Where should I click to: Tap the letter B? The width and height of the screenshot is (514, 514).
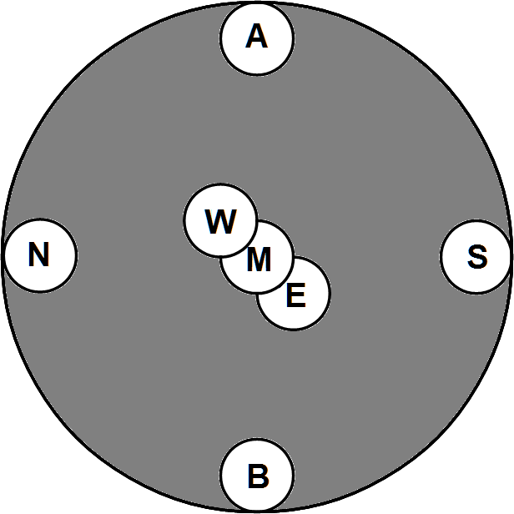click(258, 476)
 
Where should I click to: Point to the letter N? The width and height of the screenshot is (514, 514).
click(38, 254)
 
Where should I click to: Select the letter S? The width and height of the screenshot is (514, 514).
click(476, 257)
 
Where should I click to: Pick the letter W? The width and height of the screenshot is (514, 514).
click(220, 222)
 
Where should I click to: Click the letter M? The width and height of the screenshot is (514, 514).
click(259, 260)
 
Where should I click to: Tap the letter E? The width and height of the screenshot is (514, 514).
click(295, 295)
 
